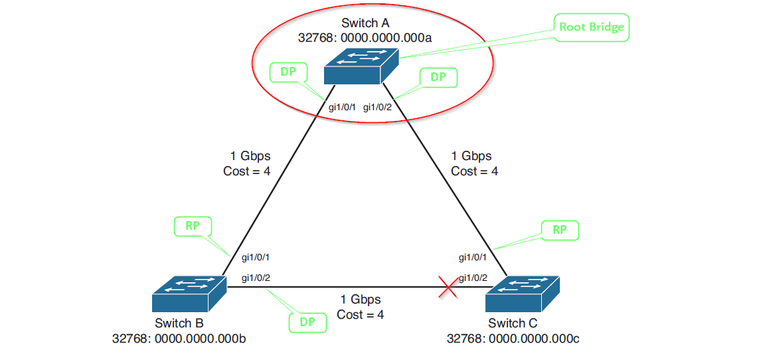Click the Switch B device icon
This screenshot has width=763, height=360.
[x=188, y=293]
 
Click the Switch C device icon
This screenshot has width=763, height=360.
[x=522, y=293]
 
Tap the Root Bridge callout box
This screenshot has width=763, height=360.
[x=591, y=28]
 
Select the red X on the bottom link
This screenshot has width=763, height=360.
[x=450, y=288]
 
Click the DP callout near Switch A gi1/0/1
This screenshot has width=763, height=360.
[x=288, y=72]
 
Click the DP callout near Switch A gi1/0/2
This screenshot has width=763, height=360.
[x=438, y=77]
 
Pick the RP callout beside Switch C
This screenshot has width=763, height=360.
[x=559, y=230]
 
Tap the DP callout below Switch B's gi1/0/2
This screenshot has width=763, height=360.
[x=308, y=322]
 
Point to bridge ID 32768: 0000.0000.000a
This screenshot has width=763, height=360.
[x=365, y=37]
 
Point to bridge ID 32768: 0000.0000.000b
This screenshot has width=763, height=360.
[x=179, y=338]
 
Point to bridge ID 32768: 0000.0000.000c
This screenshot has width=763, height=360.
[x=513, y=338]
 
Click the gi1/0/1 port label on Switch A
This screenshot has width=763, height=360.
[x=343, y=108]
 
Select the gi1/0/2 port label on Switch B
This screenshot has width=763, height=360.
[x=256, y=278]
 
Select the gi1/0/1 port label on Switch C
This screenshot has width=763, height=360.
[x=473, y=257]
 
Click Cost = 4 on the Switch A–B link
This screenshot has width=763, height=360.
[x=246, y=171]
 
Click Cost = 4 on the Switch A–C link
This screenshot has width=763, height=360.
[x=474, y=171]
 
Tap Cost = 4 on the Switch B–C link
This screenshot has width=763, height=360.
[x=361, y=314]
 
